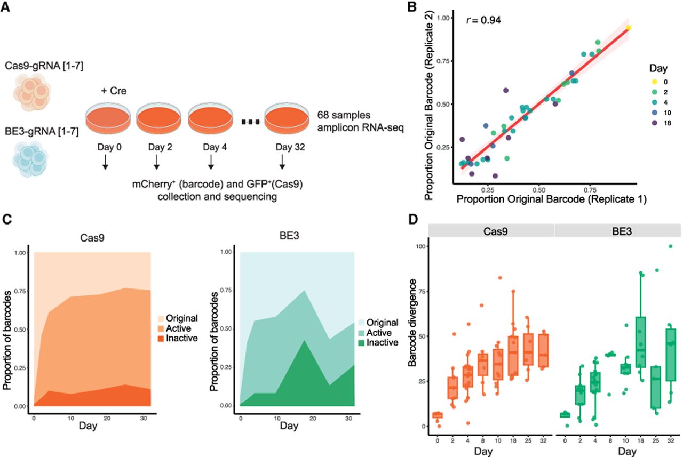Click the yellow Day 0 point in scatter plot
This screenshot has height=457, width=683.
point(629,28)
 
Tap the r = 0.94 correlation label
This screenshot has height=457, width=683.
point(483,20)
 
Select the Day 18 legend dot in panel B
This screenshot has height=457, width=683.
point(654,123)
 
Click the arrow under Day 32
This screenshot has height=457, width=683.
point(282,162)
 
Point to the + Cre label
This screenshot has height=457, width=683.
point(114,91)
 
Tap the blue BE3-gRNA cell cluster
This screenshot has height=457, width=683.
point(30,159)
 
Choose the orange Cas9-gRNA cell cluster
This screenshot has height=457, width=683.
point(31,92)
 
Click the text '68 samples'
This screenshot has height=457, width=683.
point(344,115)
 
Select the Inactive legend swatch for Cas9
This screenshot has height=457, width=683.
point(161,339)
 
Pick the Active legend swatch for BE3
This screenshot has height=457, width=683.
point(361,333)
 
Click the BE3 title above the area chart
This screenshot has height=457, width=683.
point(289,236)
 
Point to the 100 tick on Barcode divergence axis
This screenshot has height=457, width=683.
point(420,246)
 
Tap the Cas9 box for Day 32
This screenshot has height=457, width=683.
point(543,350)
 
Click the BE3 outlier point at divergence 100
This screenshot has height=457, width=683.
point(671,246)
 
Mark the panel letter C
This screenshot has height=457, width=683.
point(7,219)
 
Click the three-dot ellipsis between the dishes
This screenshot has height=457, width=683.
point(250,122)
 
